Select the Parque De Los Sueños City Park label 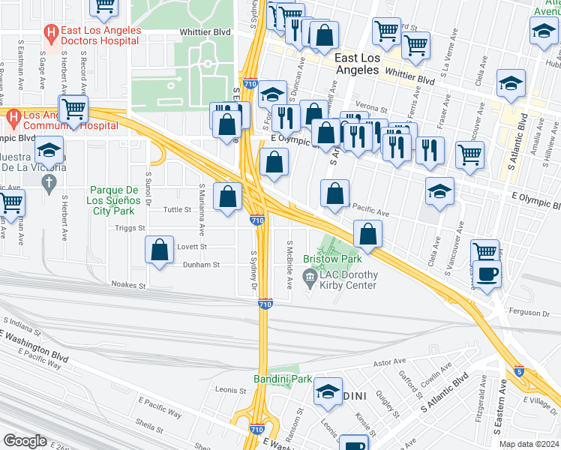click(115, 196)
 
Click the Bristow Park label click(332, 259)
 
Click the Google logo click(25, 441)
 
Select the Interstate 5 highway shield click(519, 370)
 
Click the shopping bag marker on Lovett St click(160, 251)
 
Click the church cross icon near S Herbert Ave click(49, 182)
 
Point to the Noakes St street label click(127, 285)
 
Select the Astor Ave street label click(389, 363)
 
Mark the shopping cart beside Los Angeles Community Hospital click(73, 109)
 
